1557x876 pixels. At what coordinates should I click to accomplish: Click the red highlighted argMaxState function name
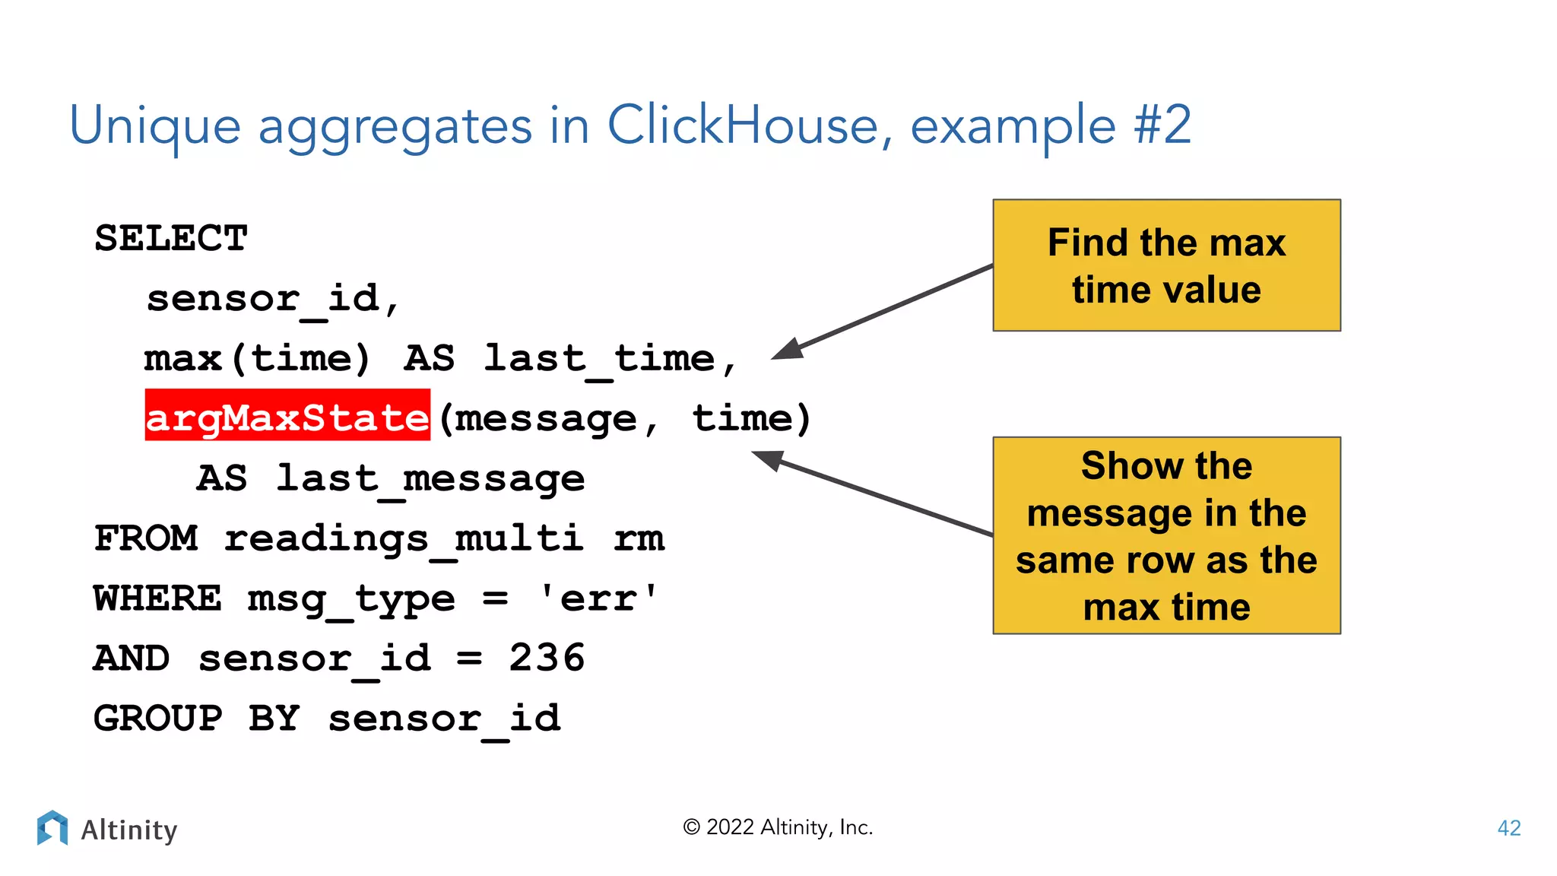click(287, 416)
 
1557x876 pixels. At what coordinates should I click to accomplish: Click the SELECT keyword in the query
click(171, 239)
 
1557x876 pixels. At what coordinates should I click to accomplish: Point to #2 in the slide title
click(1162, 125)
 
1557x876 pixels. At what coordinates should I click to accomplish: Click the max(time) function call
click(257, 358)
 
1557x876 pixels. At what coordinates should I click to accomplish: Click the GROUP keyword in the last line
click(158, 719)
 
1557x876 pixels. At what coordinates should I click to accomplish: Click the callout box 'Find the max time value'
click(1166, 265)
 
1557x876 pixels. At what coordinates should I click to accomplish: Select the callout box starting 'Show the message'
click(1166, 535)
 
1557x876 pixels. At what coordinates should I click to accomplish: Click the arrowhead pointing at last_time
click(788, 350)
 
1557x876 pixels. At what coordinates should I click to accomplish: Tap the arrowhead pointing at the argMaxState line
click(768, 459)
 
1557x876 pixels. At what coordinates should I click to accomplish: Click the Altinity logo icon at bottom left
click(52, 827)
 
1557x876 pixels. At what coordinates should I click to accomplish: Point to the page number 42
click(1508, 828)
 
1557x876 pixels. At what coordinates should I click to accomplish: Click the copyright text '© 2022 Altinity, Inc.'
click(778, 827)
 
